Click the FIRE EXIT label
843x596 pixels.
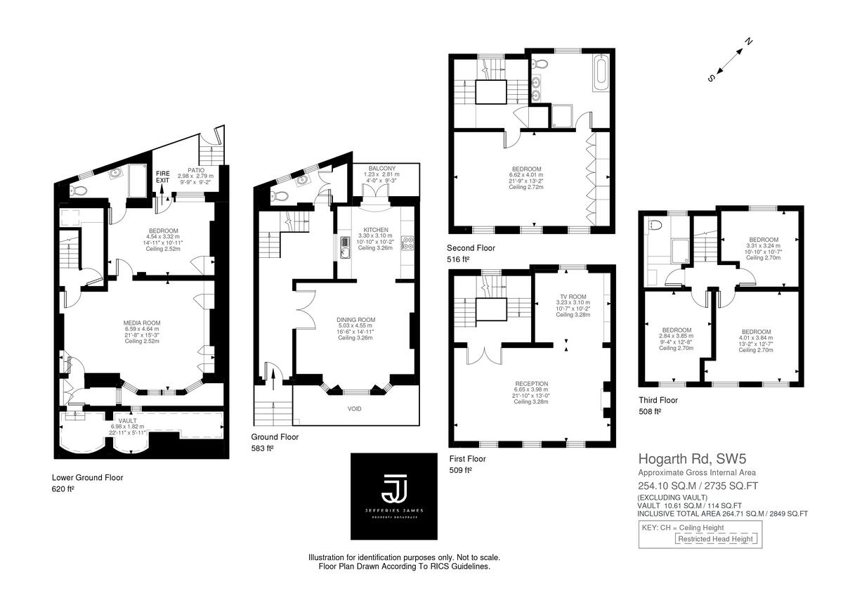162,176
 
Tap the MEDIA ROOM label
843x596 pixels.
141,323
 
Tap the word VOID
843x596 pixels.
355,408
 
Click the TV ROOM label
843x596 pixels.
573,297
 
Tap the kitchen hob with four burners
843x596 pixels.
407,244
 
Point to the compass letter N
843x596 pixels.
749,41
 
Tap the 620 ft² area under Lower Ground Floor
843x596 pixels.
63,488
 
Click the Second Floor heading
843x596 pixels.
471,248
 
